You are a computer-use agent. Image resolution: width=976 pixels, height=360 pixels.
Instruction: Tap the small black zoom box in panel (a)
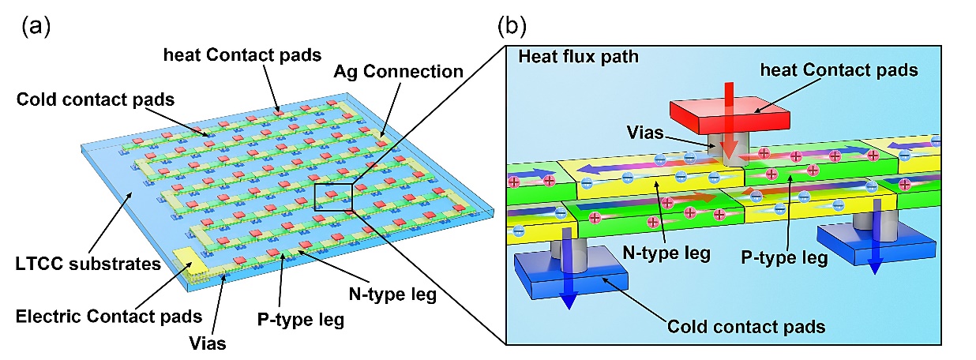coord(335,196)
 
